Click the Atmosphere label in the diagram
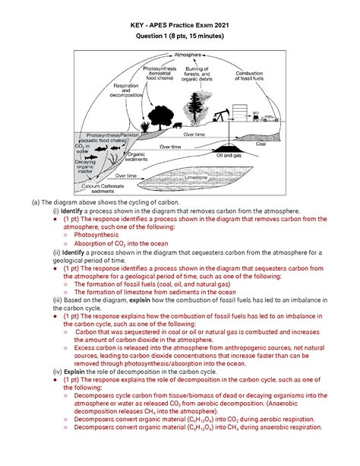pyautogui.click(x=188, y=55)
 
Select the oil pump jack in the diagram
pyautogui.click(x=222, y=116)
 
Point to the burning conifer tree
pyautogui.click(x=199, y=104)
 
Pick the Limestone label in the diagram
pyautogui.click(x=172, y=177)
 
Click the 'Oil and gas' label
pyautogui.click(x=229, y=155)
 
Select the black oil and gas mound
pyautogui.click(x=226, y=146)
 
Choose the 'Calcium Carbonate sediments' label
pyautogui.click(x=104, y=188)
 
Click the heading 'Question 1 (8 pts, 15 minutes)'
pyautogui.click(x=180, y=34)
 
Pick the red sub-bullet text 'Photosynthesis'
pyautogui.click(x=100, y=236)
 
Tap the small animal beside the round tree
pyautogui.click(x=177, y=125)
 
